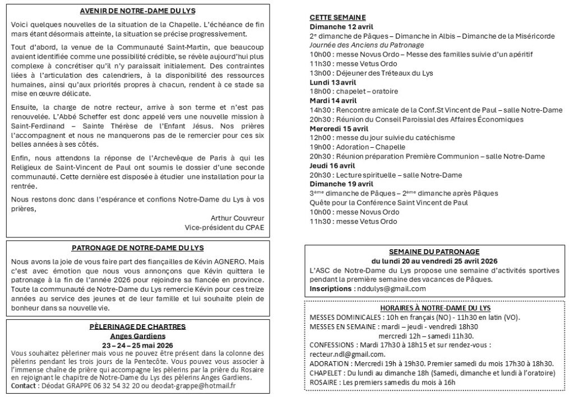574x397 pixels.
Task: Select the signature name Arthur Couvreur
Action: pos(237,218)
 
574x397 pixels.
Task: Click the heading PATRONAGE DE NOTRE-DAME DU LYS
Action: pos(138,247)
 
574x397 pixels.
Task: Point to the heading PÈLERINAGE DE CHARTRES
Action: pos(137,326)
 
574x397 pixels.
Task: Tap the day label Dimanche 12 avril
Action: pos(341,26)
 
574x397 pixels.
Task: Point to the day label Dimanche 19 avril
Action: pos(341,184)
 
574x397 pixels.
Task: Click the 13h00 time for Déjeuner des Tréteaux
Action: pos(320,73)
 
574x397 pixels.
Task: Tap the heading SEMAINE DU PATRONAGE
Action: pos(434,251)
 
